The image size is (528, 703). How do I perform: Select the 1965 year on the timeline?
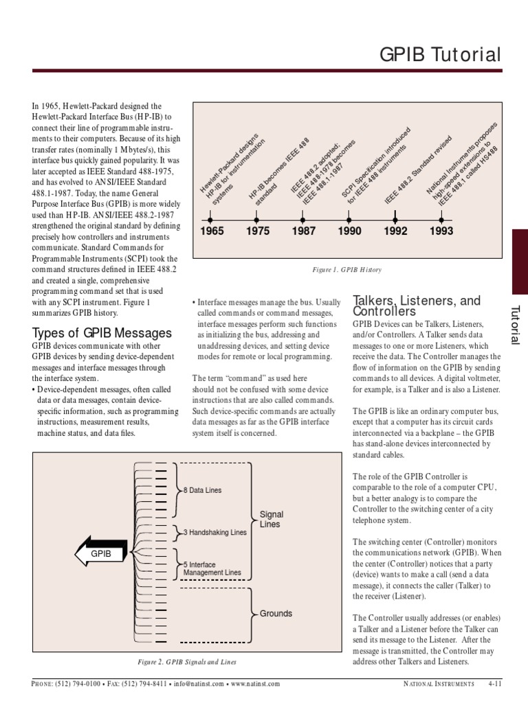click(x=212, y=231)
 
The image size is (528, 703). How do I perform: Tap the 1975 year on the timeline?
click(x=258, y=231)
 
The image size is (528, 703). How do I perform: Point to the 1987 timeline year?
click(x=303, y=231)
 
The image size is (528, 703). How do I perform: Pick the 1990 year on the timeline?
click(x=349, y=231)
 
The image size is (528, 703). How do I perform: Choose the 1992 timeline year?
click(x=395, y=231)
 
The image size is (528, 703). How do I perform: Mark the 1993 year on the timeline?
click(x=441, y=231)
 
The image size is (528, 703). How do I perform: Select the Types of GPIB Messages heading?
click(x=102, y=333)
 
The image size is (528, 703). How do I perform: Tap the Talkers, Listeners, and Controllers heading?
click(x=417, y=306)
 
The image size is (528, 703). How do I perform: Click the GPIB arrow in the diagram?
click(x=100, y=552)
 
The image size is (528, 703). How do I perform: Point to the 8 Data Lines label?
click(x=203, y=490)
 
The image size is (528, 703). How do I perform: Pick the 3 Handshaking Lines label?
click(x=214, y=532)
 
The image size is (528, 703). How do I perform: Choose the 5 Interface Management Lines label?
click(x=212, y=568)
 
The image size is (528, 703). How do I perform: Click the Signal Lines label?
click(x=272, y=519)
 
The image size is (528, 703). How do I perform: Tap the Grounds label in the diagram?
click(x=276, y=613)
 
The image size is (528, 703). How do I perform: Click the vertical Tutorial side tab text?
click(x=516, y=325)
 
